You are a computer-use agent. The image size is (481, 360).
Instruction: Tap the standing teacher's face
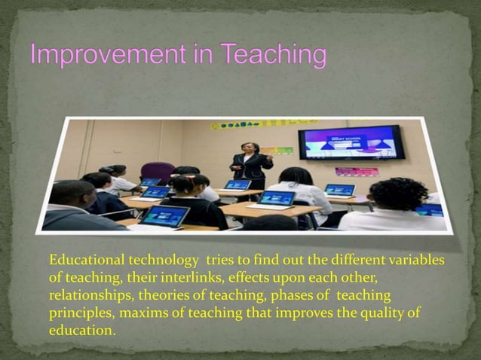pos(247,148)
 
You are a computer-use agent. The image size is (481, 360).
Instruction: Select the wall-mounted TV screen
pos(350,142)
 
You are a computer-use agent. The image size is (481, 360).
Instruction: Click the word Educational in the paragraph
pos(84,261)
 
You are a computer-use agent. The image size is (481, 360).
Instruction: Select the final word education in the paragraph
pos(81,331)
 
